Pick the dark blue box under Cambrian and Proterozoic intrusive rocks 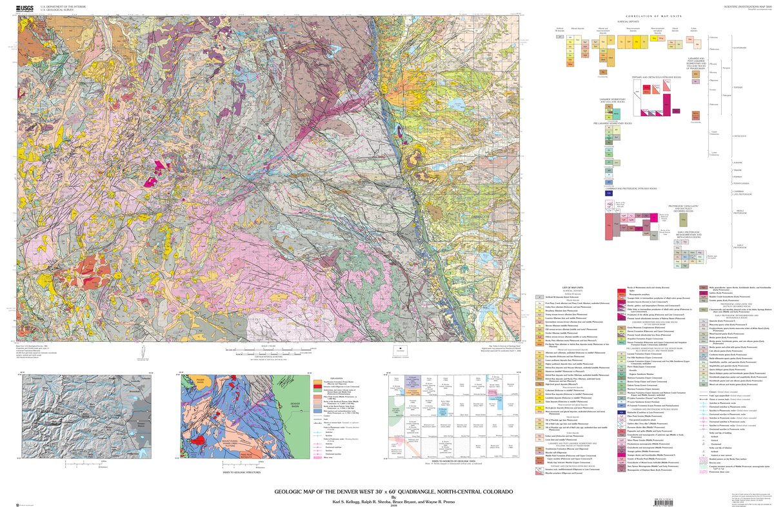click(x=608, y=192)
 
